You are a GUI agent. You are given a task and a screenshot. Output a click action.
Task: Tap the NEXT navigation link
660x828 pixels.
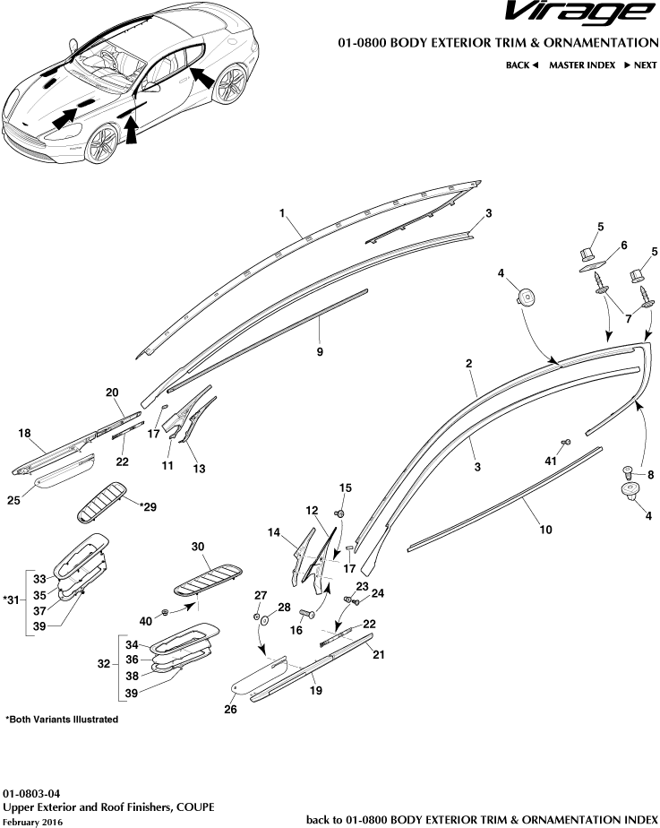click(x=639, y=65)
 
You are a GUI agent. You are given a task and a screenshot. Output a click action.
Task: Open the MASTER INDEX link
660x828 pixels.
click(x=581, y=65)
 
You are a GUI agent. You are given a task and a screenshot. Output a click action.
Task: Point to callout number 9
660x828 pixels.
click(x=320, y=352)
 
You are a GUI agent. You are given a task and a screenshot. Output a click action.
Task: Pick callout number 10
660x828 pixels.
click(x=544, y=530)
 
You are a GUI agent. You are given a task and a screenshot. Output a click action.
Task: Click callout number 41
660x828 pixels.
click(x=552, y=460)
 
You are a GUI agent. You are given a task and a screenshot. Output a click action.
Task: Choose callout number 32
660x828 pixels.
click(x=105, y=665)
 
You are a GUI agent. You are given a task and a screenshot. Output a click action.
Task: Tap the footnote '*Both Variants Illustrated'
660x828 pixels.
click(x=62, y=720)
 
